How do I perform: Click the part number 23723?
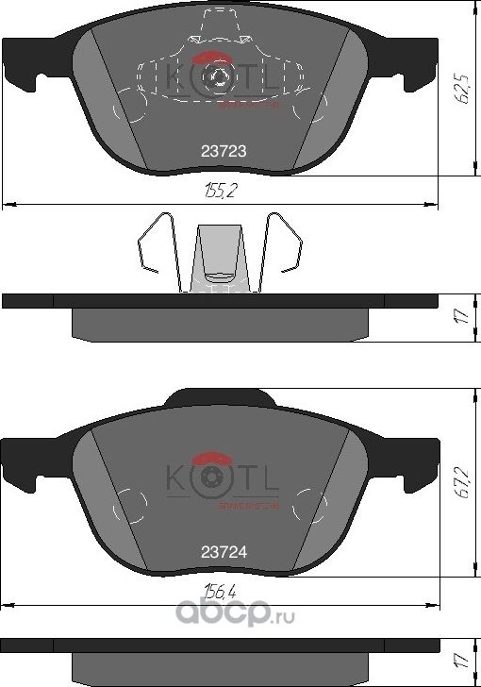click(x=216, y=149)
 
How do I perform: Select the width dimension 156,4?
click(x=220, y=593)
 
